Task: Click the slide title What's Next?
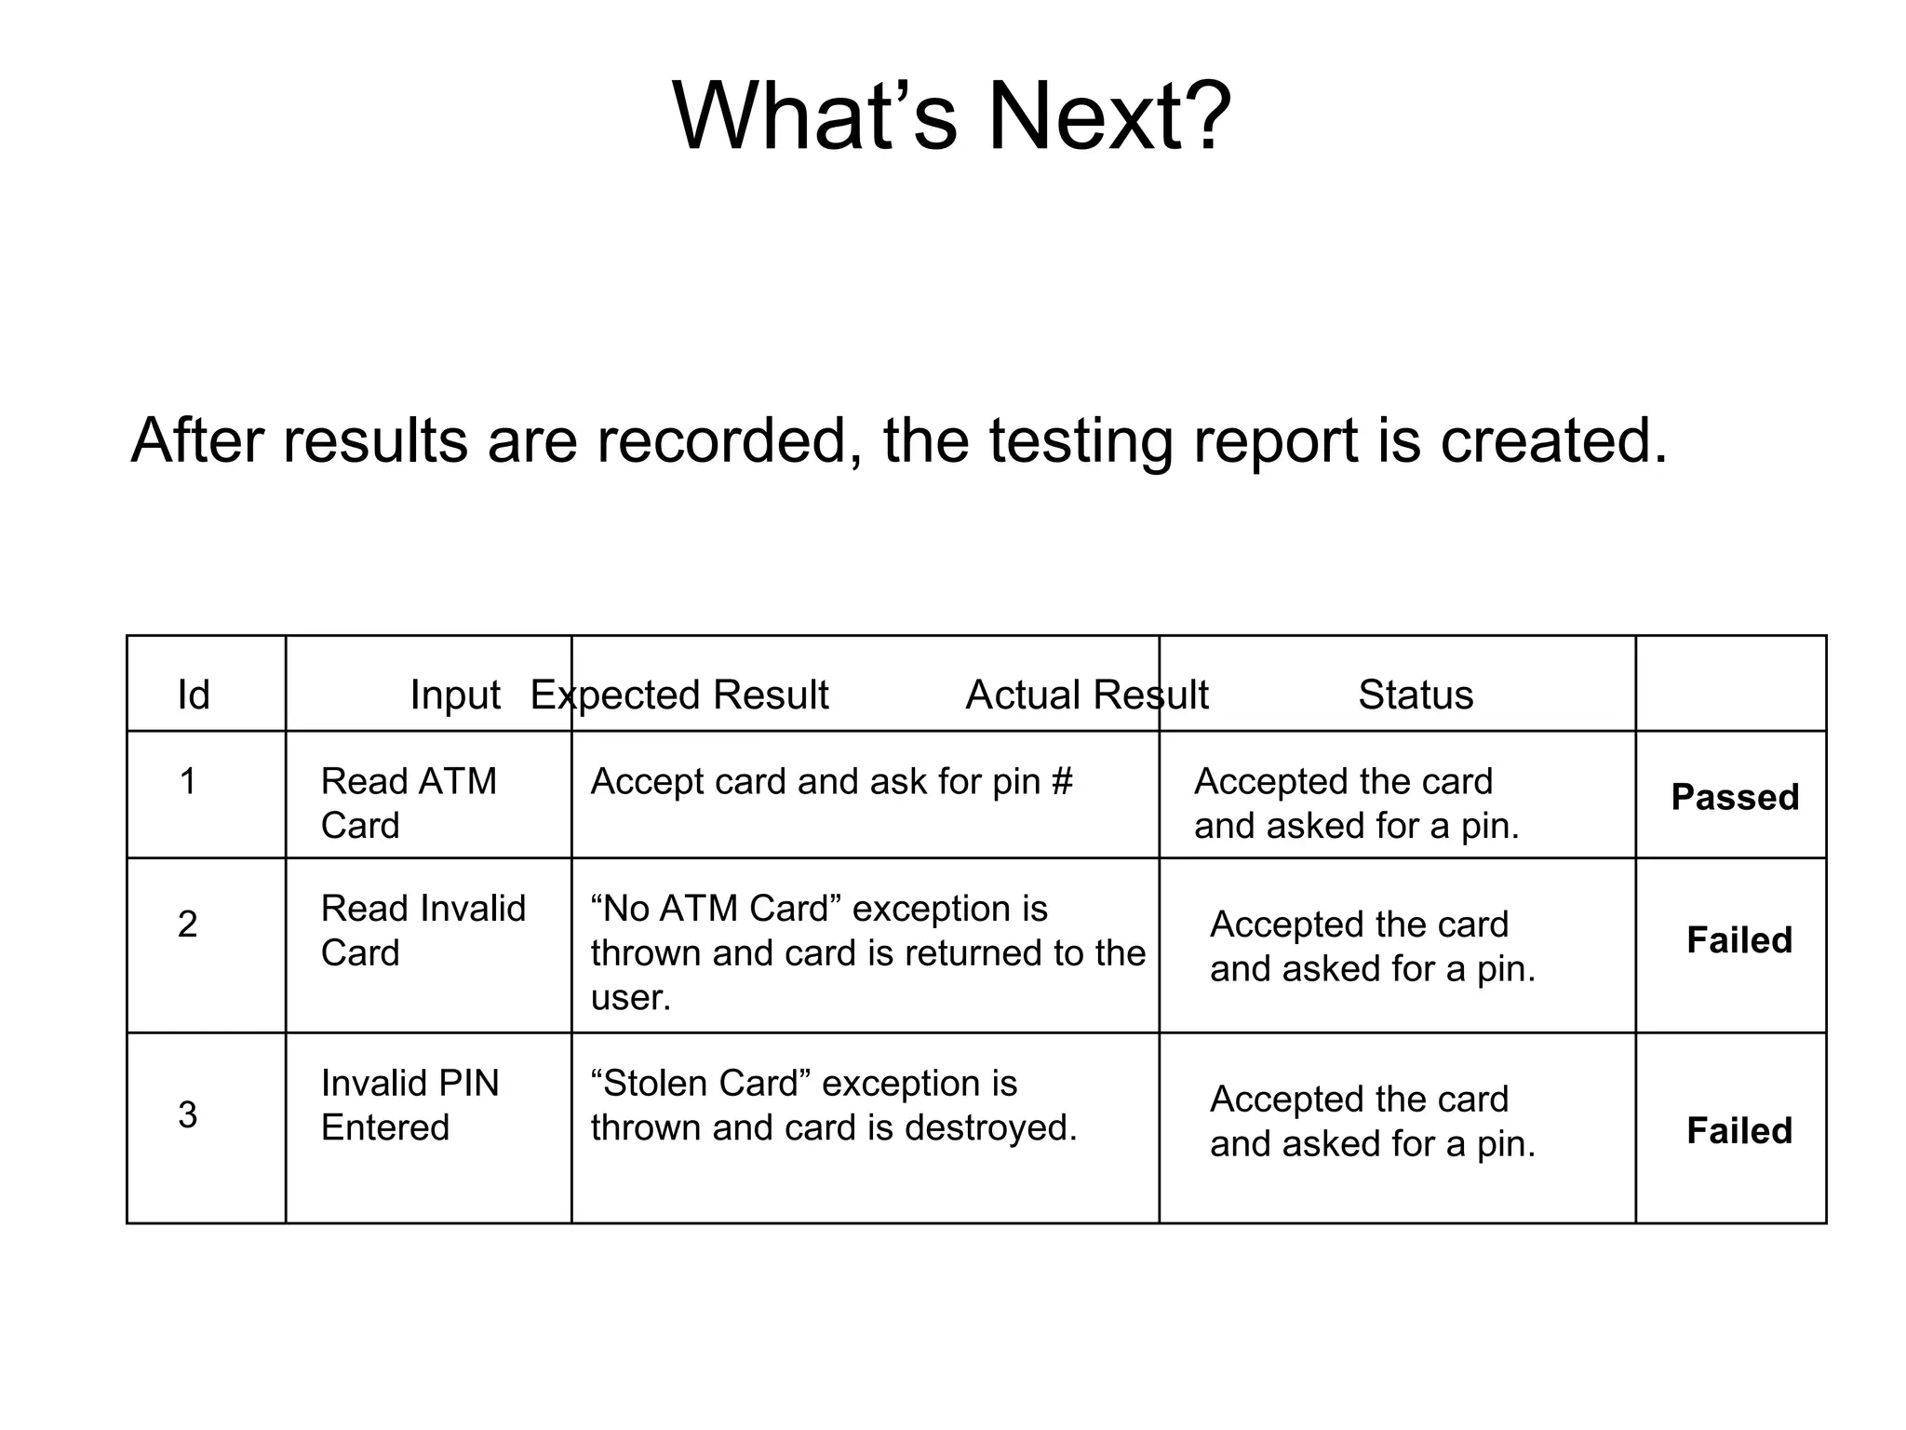[x=951, y=117]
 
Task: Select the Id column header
[x=194, y=695]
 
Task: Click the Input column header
[x=455, y=695]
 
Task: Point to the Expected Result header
[x=679, y=695]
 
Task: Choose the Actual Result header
[x=1087, y=695]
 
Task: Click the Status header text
[x=1416, y=695]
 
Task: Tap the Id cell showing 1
[x=187, y=781]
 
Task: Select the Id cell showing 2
[x=187, y=924]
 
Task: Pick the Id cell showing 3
[x=187, y=1114]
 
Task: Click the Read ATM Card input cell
[x=409, y=803]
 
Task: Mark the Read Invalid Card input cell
[x=423, y=930]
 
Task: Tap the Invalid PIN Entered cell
[x=409, y=1105]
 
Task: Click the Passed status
[x=1735, y=797]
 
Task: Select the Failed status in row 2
[x=1739, y=940]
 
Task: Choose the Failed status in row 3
[x=1739, y=1131]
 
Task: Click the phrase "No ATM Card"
[x=716, y=909]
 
